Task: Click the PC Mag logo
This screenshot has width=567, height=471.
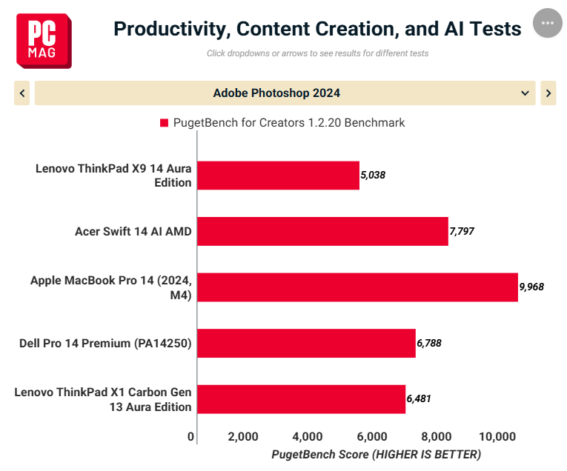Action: (44, 41)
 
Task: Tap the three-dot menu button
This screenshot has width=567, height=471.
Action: (548, 23)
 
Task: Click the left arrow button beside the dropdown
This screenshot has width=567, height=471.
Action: (22, 93)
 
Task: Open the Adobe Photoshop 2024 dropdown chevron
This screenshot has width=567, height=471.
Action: (525, 93)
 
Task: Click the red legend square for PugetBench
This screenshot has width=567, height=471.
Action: (164, 123)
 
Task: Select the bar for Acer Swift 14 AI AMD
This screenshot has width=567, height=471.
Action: (322, 231)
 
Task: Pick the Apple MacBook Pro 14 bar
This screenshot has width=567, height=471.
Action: (358, 287)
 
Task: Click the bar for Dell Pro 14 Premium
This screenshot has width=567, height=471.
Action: (306, 343)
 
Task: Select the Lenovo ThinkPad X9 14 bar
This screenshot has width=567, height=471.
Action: (279, 176)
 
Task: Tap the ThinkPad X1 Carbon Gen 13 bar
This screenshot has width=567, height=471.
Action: (302, 399)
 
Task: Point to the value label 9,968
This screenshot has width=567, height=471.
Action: (531, 287)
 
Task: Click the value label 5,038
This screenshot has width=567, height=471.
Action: (373, 175)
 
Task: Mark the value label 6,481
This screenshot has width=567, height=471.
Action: (419, 398)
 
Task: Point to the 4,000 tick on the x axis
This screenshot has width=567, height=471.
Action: (308, 437)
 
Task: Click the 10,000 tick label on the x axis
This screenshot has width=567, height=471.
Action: (497, 437)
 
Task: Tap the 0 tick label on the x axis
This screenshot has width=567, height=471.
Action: (191, 437)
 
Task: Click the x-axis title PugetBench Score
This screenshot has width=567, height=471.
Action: (377, 455)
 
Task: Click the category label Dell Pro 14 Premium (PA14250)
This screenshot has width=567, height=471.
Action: (105, 343)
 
